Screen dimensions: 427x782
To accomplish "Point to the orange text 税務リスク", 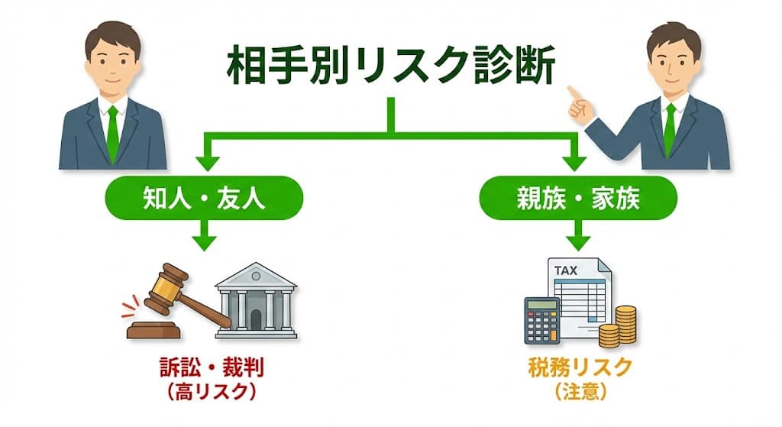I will tap(580, 368).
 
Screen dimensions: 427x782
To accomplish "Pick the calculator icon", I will tap(541, 320).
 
